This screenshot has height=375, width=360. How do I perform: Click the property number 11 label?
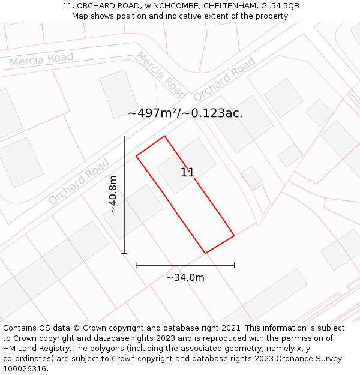187,173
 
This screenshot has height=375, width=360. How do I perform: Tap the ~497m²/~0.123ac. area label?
185,113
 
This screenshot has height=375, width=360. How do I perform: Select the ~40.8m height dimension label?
112,194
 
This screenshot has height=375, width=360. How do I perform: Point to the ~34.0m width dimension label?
185,277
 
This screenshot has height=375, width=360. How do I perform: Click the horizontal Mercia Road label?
41,60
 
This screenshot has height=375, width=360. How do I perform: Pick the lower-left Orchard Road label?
79,181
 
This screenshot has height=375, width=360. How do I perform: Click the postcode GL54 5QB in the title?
279,6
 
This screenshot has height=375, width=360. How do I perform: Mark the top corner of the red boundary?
164,136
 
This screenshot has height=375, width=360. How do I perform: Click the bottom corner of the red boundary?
205,253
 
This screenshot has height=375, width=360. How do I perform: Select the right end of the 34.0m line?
234,265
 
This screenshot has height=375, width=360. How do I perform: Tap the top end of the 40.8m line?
124,136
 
